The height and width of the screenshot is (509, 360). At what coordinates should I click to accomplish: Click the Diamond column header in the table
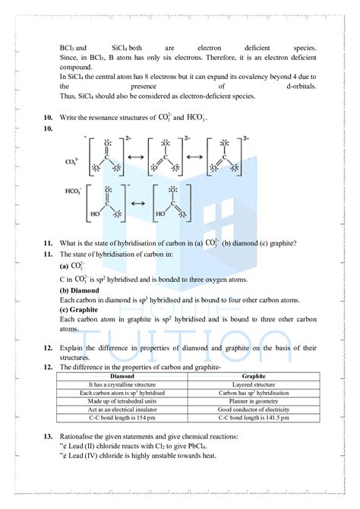point(122,377)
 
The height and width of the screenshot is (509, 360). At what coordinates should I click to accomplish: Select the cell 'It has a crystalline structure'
point(122,385)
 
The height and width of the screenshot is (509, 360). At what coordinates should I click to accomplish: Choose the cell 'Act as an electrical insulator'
point(122,409)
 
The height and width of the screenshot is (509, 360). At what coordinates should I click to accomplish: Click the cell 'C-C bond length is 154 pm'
point(122,418)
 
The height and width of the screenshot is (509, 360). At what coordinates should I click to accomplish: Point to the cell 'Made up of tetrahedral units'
point(122,401)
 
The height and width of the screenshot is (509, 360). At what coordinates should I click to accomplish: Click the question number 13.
point(47,437)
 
